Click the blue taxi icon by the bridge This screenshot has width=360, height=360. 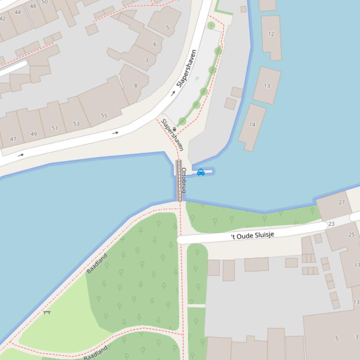(201, 173)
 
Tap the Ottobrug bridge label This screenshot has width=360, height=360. (184, 180)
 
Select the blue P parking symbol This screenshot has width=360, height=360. (197, 79)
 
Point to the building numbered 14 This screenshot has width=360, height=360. (252, 125)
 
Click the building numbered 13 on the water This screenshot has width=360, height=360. (267, 86)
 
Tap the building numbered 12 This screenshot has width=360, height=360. (271, 34)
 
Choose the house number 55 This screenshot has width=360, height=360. (104, 115)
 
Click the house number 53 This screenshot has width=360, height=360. (76, 124)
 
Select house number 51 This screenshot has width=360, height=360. (55, 128)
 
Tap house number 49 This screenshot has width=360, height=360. (33, 134)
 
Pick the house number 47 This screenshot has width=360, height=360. (13, 139)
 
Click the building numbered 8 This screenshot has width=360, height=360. (136, 86)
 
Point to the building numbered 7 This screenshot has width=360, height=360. (147, 61)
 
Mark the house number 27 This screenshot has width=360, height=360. (342, 202)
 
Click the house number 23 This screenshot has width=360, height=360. (331, 224)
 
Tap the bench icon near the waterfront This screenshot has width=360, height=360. (47, 312)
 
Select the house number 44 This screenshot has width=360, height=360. (18, 13)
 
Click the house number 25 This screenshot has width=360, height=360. (352, 235)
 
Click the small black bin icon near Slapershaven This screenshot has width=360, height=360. (175, 129)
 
